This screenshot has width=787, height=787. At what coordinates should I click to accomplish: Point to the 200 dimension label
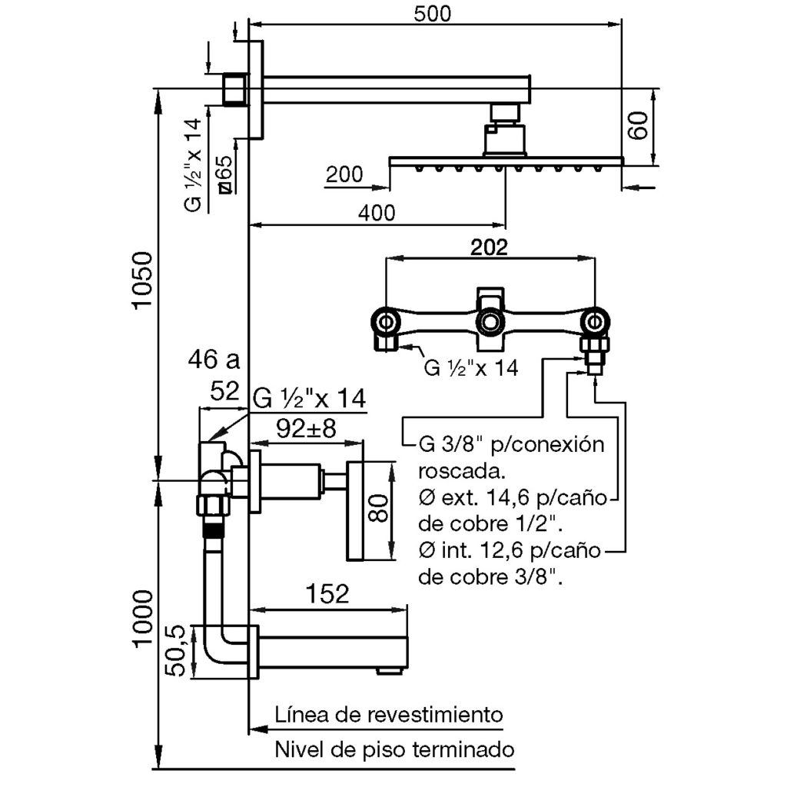coord(344,175)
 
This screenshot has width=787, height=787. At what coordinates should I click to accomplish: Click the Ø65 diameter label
coord(224,175)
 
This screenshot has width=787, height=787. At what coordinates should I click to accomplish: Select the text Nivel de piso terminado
coord(394,749)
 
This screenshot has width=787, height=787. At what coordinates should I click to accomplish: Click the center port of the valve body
coord(489,321)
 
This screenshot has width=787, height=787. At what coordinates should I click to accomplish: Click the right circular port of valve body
coord(594,321)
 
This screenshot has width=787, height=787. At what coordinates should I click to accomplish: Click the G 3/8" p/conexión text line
coord(512,445)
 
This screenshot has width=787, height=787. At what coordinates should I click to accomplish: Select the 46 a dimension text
coord(215,358)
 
